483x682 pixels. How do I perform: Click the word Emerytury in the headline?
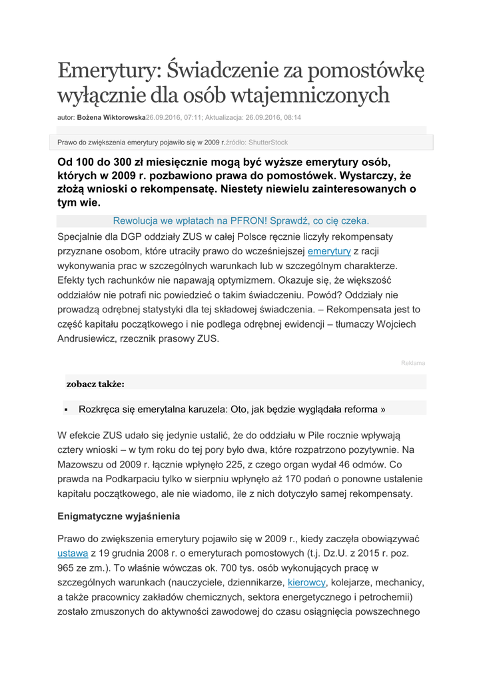[108, 70]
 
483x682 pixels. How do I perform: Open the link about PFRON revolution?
[241, 220]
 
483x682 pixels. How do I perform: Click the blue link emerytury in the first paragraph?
[328, 251]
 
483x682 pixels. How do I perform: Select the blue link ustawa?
[73, 553]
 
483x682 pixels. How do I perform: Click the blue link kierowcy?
[306, 582]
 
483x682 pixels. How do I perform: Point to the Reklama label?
[412, 363]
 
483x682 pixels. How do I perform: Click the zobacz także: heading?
[95, 384]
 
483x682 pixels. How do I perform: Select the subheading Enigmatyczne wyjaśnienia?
[119, 516]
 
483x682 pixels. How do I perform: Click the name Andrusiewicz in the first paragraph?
[89, 338]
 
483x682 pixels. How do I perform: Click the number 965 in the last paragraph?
[69, 567]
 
